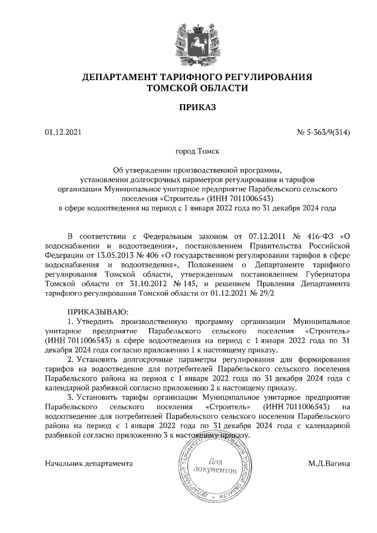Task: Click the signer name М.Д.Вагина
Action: pos(329,464)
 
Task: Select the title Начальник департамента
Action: pos(89,464)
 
